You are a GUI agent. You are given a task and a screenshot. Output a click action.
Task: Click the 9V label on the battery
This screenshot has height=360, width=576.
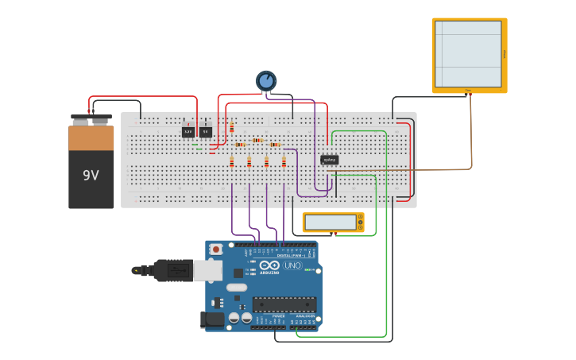[x=91, y=175]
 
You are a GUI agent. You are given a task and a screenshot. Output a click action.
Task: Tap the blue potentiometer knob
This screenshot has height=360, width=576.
[x=266, y=80]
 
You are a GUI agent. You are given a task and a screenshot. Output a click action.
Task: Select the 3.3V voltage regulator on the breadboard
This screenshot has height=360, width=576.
[x=188, y=132]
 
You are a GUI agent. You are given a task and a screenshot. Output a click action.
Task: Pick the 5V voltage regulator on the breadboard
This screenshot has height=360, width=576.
[x=206, y=132]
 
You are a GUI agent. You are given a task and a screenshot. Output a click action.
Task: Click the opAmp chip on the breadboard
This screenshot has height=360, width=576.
[x=329, y=160]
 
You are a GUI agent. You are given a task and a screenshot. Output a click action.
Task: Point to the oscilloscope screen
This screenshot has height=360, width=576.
[x=468, y=53]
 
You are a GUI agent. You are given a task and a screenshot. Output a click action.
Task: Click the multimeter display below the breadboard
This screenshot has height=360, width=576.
[x=331, y=223]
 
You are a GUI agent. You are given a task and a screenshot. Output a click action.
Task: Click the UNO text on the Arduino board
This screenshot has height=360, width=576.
[x=292, y=265]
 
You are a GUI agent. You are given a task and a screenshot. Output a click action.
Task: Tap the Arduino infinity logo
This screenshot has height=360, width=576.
[x=269, y=265]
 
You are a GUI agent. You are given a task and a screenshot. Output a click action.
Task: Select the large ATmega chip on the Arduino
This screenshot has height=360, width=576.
[x=284, y=304]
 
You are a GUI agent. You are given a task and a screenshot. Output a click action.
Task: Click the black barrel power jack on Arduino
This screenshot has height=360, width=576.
[x=213, y=319]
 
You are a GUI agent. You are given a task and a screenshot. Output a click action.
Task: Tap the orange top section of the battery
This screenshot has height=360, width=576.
[x=91, y=138]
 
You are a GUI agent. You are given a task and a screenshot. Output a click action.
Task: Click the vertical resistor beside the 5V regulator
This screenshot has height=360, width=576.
[x=231, y=127]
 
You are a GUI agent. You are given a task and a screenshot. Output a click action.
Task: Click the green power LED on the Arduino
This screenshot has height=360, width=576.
[x=307, y=270]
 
